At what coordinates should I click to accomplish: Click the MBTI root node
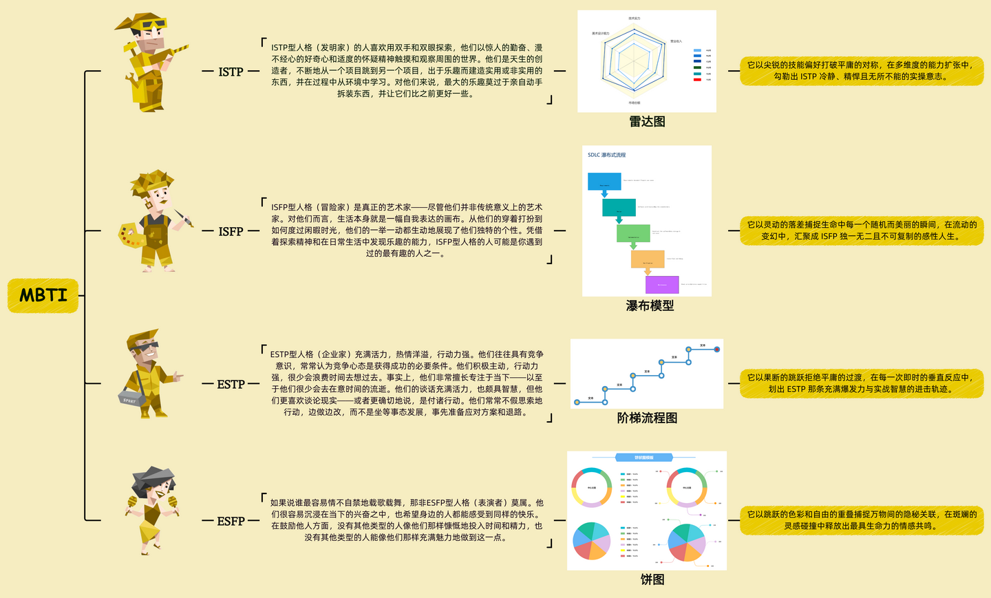(x=43, y=295)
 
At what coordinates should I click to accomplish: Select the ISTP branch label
(x=231, y=72)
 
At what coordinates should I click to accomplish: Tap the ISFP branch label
(x=231, y=231)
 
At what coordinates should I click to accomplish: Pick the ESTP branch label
(x=231, y=384)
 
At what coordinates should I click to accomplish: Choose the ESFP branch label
(x=231, y=521)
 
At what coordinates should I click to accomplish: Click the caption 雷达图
(x=647, y=122)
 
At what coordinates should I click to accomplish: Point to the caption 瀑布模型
(x=650, y=306)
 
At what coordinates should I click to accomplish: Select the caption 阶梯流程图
(x=647, y=418)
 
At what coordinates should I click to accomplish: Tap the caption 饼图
(x=652, y=579)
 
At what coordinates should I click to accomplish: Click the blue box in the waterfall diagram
(x=604, y=182)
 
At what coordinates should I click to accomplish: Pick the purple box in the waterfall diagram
(x=662, y=284)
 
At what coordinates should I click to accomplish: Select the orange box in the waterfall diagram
(x=648, y=259)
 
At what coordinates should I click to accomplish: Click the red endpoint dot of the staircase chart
(x=717, y=350)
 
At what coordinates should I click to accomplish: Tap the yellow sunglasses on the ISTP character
(x=152, y=25)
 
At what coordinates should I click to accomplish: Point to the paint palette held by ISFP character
(x=130, y=235)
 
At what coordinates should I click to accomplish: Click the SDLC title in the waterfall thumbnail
(x=606, y=155)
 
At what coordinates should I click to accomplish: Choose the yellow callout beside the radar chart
(x=861, y=71)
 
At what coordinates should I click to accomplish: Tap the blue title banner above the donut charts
(x=643, y=458)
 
